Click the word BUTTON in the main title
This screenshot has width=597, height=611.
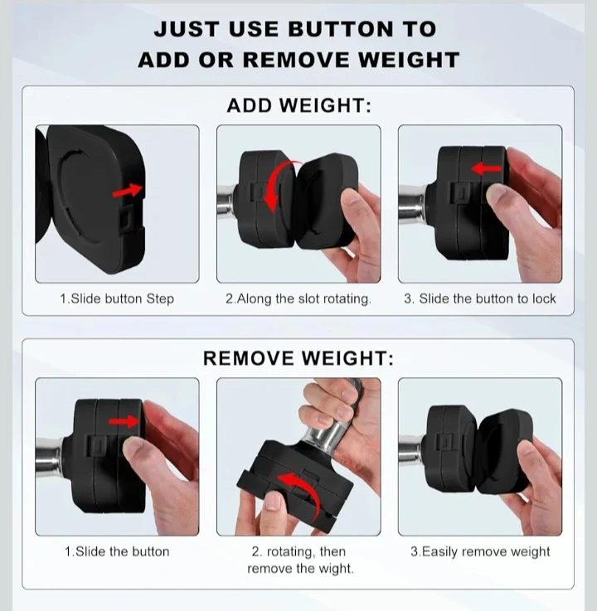point(341,30)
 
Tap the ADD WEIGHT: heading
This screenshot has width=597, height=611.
point(298,105)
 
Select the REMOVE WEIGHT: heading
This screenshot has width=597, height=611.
point(298,358)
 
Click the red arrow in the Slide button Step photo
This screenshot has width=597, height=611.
point(129,191)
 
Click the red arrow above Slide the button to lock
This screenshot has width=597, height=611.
point(486,169)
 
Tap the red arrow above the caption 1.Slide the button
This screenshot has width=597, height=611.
point(124,422)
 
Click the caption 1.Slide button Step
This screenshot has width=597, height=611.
point(117,299)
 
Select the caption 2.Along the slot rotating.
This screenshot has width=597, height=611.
point(298,299)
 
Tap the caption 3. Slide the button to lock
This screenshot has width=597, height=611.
point(480,299)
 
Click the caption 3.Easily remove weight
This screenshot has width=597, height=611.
point(480,552)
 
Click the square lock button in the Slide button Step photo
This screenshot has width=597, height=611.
point(127,220)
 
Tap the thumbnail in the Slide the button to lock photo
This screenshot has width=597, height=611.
point(500,192)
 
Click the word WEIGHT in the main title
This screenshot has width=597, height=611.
point(409,60)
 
